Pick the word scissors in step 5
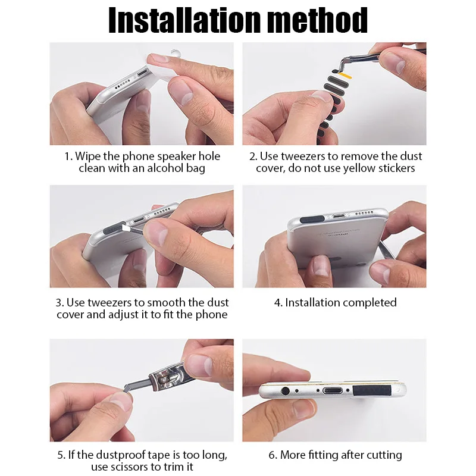click(x=126, y=466)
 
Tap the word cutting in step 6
click(x=384, y=455)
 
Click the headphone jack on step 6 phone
click(x=285, y=391)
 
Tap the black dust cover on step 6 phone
click(x=371, y=390)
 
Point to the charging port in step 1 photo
click(x=142, y=73)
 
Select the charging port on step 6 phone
click(x=333, y=391)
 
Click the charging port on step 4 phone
click(x=339, y=216)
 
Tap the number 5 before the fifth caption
click(x=61, y=455)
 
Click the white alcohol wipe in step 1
click(x=161, y=67)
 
